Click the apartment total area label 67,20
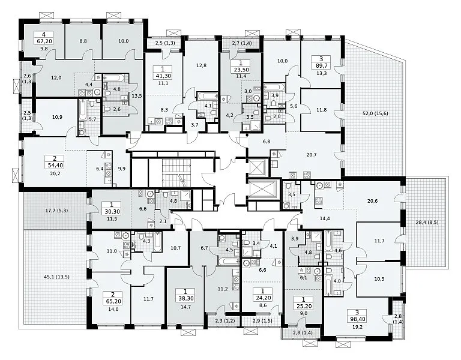click(x=44, y=41)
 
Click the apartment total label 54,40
click(x=56, y=165)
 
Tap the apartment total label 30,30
click(x=111, y=211)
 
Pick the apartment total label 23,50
click(x=241, y=70)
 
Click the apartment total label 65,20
click(x=111, y=302)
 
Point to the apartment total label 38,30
click(x=185, y=298)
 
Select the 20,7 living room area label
click(x=312, y=155)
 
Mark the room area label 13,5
click(x=137, y=95)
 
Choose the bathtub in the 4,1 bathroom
click(x=207, y=97)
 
